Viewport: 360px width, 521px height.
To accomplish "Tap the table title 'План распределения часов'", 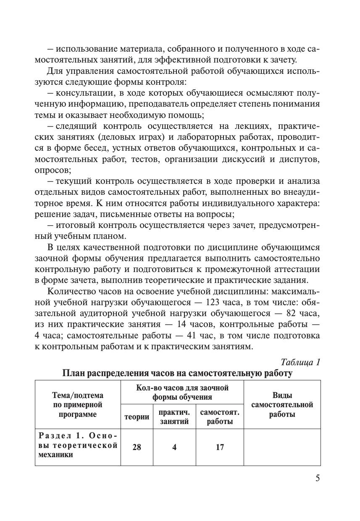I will pos(177,373).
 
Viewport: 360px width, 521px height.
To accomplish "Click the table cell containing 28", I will pos(137,447).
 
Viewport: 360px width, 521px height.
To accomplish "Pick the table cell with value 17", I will pos(220,447).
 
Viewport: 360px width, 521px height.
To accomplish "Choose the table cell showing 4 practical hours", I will pos(174,447).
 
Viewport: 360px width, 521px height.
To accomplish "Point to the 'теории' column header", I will pos(137,417).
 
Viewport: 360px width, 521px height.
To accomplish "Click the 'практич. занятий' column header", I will pos(174,417).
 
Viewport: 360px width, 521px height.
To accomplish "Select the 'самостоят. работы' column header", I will pos(220,417).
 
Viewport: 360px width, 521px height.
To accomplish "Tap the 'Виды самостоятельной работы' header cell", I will pos(282,405).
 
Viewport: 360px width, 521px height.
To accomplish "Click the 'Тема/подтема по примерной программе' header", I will pos(78,405).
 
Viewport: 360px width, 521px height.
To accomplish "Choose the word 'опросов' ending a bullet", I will pos(52,170).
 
